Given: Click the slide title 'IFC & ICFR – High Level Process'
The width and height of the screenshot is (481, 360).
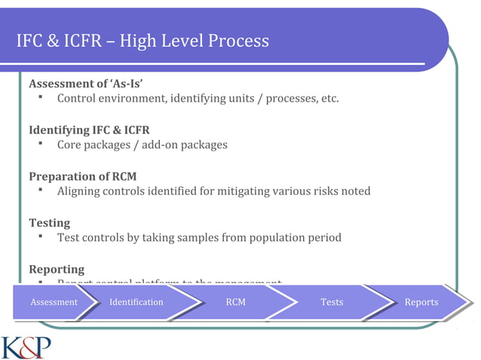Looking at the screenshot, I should (x=142, y=41).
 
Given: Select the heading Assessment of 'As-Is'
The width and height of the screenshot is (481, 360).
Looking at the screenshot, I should (x=86, y=83).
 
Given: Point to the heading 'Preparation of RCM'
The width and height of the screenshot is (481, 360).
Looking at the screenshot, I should (x=82, y=176).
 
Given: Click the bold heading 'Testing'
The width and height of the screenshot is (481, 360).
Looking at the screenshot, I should (x=49, y=223).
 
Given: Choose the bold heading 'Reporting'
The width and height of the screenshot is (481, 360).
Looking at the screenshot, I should (x=57, y=269).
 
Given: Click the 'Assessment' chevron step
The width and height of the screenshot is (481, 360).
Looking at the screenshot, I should (x=54, y=302).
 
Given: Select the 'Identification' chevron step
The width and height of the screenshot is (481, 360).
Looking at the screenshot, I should (x=136, y=302).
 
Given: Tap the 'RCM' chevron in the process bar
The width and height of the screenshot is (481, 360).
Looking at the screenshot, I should (x=235, y=302).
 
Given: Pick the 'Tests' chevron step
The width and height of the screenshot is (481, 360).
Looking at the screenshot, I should (x=331, y=302).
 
